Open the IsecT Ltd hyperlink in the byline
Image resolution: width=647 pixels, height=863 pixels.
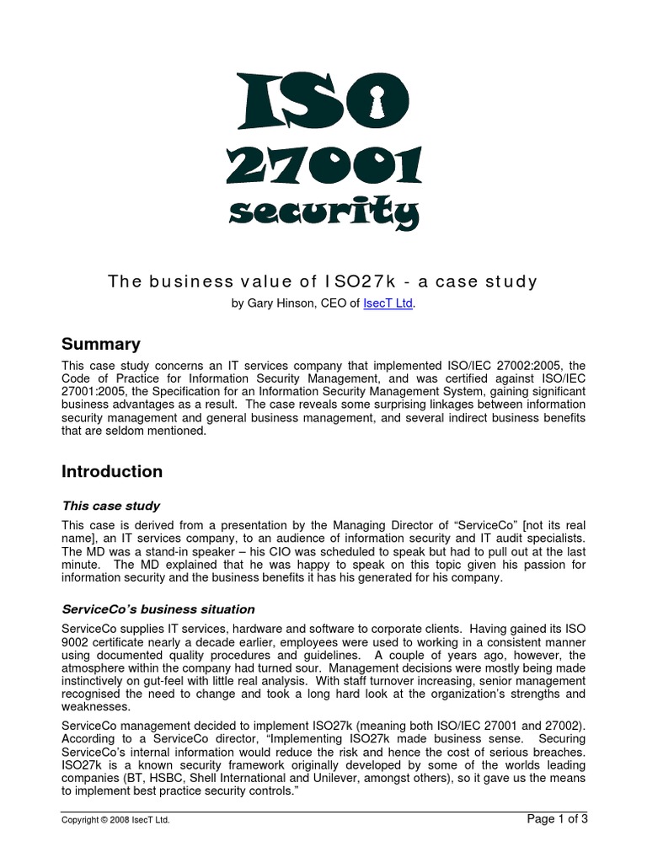click(388, 303)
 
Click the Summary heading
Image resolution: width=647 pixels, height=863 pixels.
click(101, 344)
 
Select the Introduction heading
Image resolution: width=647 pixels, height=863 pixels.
click(112, 472)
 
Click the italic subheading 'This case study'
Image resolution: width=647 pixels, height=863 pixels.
click(111, 507)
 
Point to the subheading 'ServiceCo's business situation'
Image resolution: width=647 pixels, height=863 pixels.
click(158, 609)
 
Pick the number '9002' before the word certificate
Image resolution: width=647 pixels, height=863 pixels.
click(78, 642)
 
